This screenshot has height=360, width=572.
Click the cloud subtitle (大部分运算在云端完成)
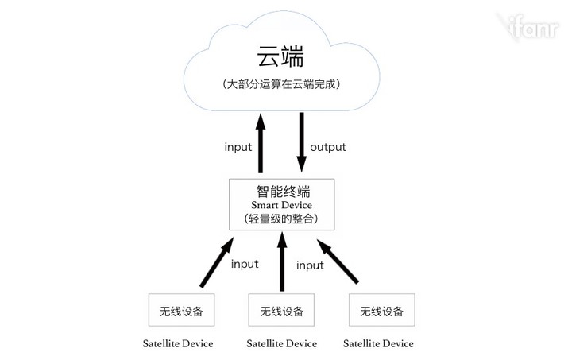pyautogui.click(x=282, y=84)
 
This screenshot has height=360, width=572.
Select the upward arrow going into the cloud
pyautogui.click(x=259, y=143)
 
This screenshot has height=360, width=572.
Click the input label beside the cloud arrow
pyautogui.click(x=238, y=147)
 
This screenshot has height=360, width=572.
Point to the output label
pyautogui.click(x=327, y=147)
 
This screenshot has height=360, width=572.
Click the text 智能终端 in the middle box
pyautogui.click(x=282, y=192)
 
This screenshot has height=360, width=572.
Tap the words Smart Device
pyautogui.click(x=282, y=205)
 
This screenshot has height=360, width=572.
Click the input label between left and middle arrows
pyautogui.click(x=244, y=264)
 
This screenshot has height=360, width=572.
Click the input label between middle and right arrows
pyautogui.click(x=310, y=265)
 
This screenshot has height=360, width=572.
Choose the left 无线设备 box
pyautogui.click(x=181, y=311)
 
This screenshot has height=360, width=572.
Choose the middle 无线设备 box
pyautogui.click(x=281, y=311)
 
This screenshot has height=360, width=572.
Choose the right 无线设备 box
pyautogui.click(x=381, y=311)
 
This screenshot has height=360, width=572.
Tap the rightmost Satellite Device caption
pyautogui.click(x=379, y=344)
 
